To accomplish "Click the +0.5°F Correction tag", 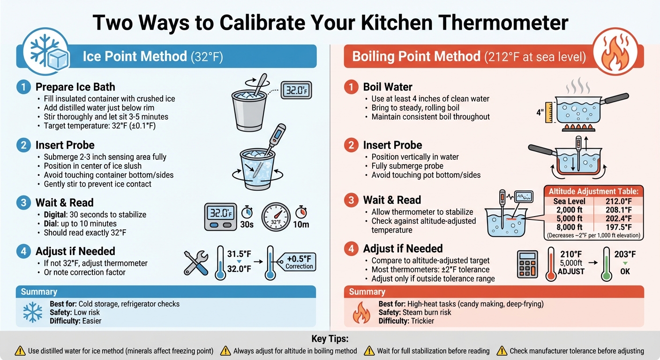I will [x=298, y=262].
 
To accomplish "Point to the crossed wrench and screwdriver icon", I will [x=196, y=262].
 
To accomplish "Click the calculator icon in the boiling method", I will [x=528, y=265].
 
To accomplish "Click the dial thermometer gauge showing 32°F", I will [x=276, y=217].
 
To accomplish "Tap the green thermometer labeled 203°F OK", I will [x=607, y=264].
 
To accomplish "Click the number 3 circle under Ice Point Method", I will [x=22, y=202].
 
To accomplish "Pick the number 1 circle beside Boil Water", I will [x=350, y=87].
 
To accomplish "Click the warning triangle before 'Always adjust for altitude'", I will [x=225, y=351].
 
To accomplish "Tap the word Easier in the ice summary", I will [x=91, y=321].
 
